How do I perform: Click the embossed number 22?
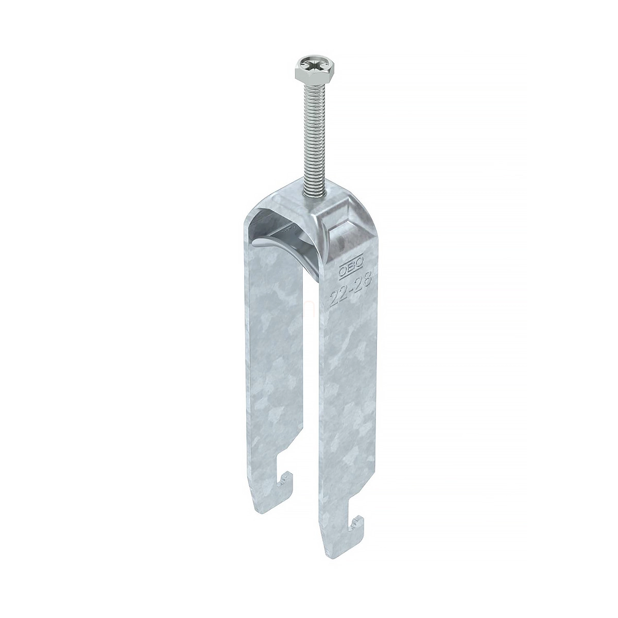point(339,295)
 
